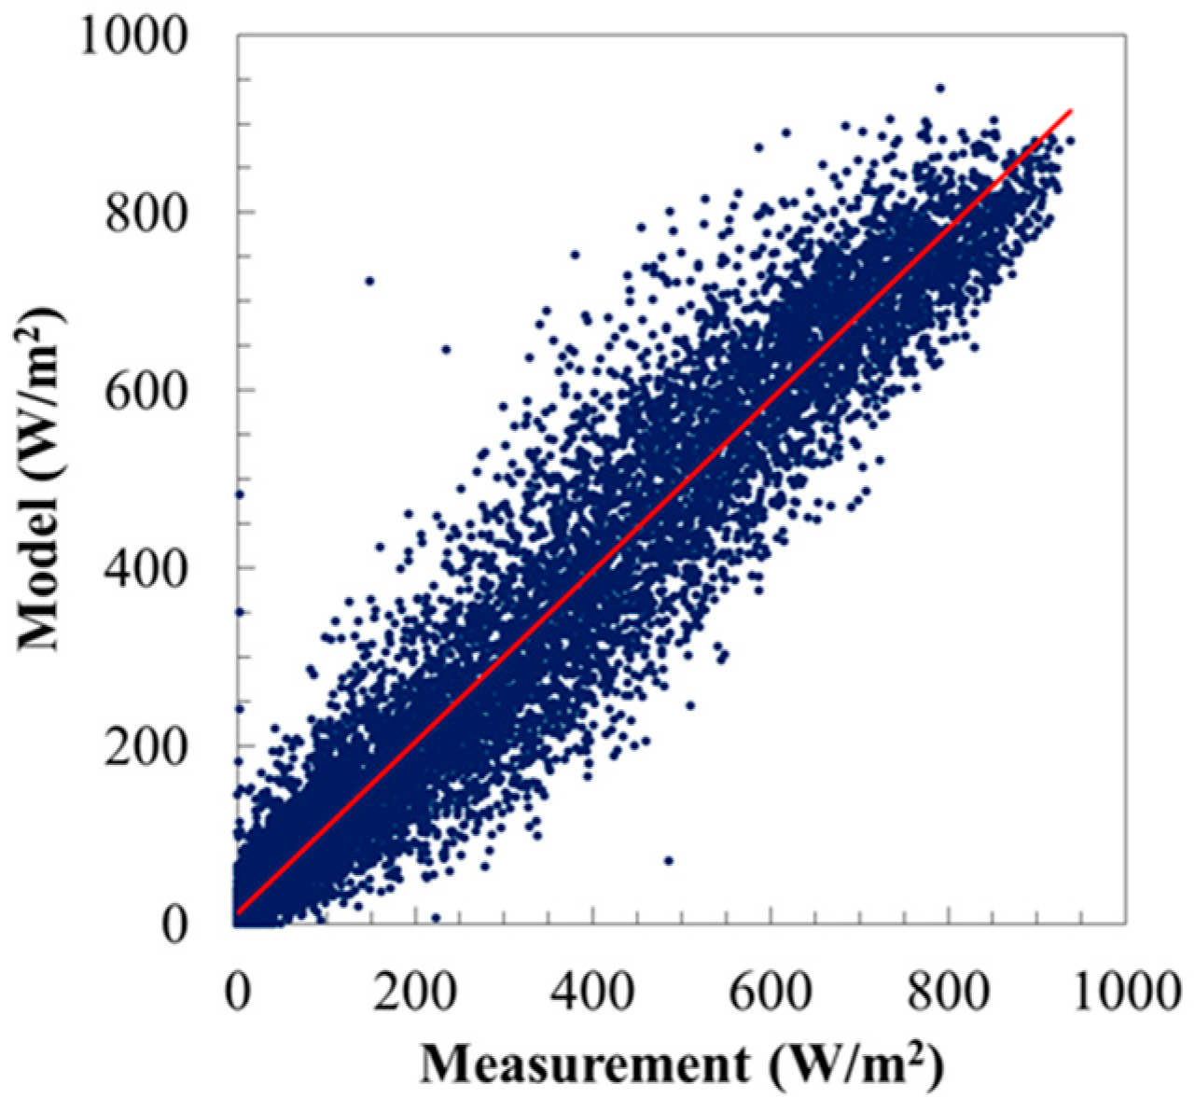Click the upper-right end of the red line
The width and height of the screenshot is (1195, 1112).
pos(1072,110)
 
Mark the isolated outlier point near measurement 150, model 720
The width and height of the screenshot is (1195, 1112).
pos(369,281)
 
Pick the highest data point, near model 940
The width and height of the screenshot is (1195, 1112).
pos(940,88)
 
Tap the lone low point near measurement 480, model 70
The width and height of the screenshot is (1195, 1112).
pos(668,860)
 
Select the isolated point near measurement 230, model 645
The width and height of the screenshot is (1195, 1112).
pos(446,350)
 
